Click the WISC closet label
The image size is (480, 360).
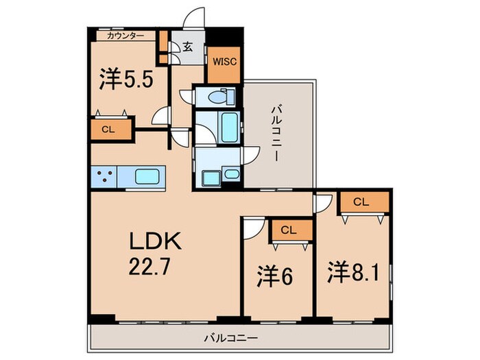[x=224, y=62]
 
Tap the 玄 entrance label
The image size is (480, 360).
[x=187, y=47]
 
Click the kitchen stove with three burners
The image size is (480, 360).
[x=104, y=176]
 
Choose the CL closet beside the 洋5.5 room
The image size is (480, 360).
[x=108, y=130]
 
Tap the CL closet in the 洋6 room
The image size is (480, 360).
[x=290, y=230]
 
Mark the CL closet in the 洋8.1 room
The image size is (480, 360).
[x=363, y=202]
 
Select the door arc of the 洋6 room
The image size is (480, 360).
[x=252, y=228]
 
